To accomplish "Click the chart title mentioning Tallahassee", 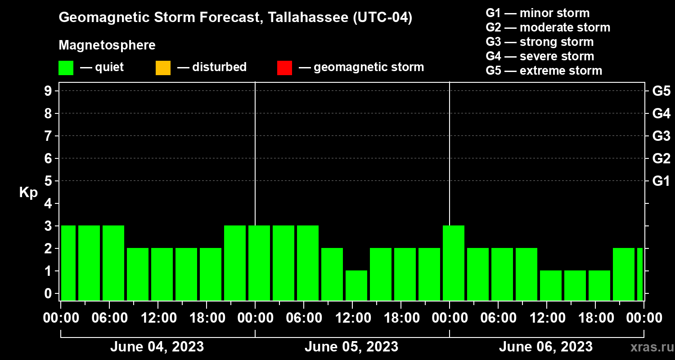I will [235, 18].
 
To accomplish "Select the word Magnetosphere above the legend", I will [107, 45].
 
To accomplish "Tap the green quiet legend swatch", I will [66, 68].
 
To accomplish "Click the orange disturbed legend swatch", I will [163, 68].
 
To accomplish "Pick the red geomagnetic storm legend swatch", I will [284, 68].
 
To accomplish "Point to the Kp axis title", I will [28, 193].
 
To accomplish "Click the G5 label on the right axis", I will [661, 91].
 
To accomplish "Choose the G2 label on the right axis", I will [661, 158].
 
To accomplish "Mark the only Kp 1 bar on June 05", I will [356, 285].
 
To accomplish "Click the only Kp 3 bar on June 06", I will [454, 263].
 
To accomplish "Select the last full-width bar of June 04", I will [235, 263].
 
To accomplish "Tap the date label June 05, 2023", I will [351, 347].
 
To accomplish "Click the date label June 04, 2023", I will [157, 347].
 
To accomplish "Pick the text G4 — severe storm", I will [540, 56].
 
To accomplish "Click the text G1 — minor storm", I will [538, 13].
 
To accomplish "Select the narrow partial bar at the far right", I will [640, 274].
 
